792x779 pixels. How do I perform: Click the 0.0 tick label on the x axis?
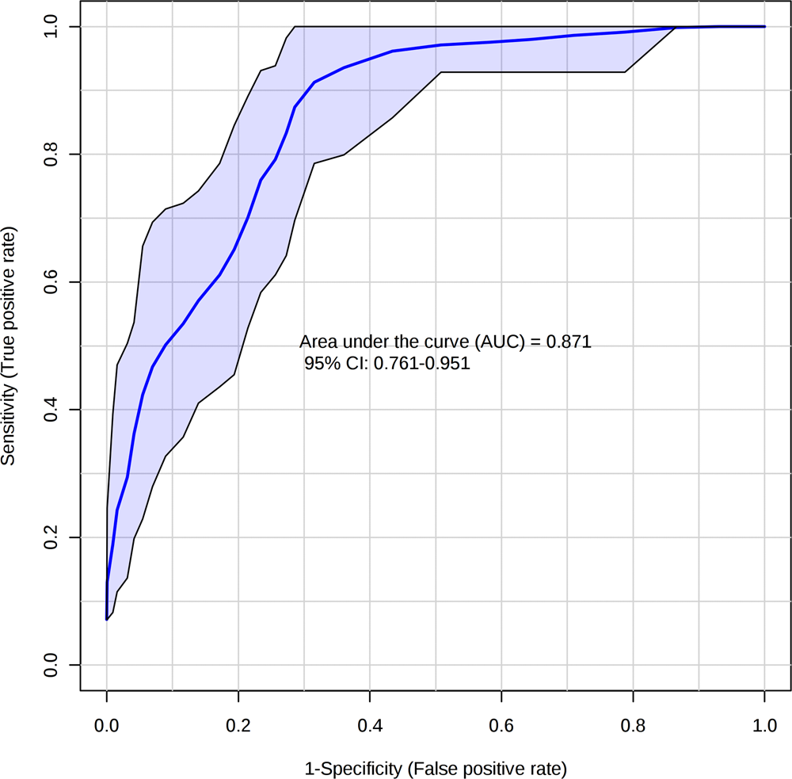click(106, 726)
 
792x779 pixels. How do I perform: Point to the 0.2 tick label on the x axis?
click(238, 726)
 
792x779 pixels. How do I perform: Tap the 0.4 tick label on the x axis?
click(369, 726)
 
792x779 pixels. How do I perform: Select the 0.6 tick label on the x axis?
click(501, 726)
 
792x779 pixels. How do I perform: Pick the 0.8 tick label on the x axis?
click(633, 726)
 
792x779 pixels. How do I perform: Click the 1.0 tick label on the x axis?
click(764, 726)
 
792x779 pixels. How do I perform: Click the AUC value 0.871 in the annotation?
click(571, 342)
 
